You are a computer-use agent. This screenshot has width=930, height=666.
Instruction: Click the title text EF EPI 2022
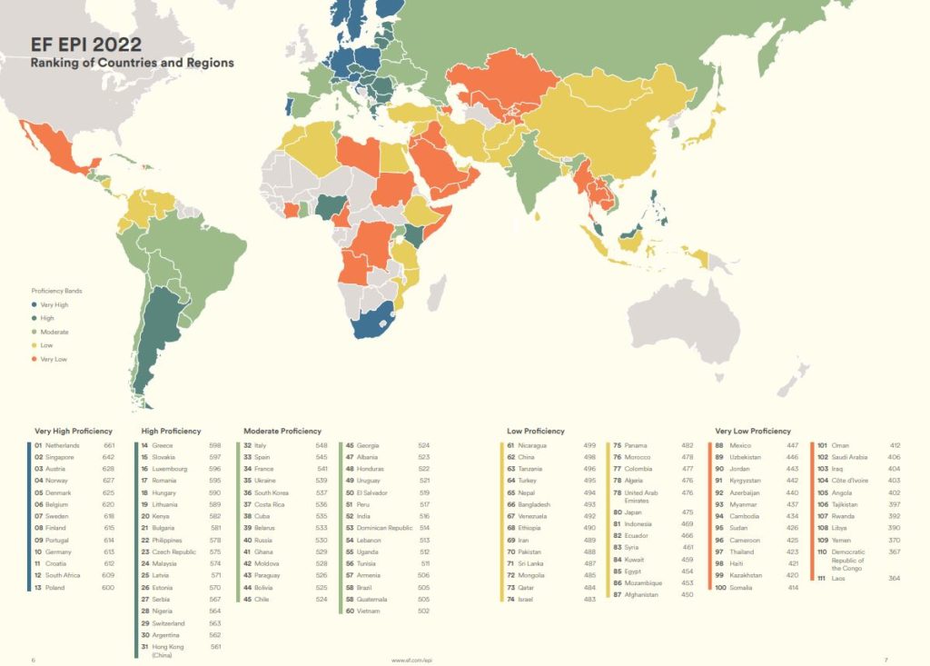(86, 45)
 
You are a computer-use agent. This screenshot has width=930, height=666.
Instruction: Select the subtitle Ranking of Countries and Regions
(132, 64)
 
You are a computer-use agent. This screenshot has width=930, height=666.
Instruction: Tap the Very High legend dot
(35, 305)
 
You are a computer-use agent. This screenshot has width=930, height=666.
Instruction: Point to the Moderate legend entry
(54, 333)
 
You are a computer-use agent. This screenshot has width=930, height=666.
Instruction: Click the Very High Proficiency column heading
(74, 431)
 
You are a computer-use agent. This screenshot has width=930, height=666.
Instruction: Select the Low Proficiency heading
(536, 431)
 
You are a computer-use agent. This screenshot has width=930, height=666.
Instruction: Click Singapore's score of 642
(109, 457)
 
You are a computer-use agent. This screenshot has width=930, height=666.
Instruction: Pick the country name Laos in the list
(838, 578)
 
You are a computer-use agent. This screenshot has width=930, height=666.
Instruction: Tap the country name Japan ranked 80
(634, 512)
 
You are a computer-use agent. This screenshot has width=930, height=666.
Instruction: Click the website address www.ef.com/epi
(411, 660)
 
